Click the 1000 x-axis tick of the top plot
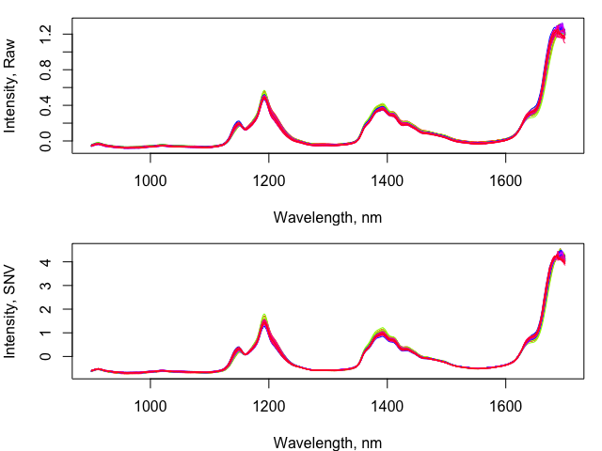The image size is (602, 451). pyautogui.click(x=150, y=180)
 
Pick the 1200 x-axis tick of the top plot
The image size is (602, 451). pyautogui.click(x=269, y=180)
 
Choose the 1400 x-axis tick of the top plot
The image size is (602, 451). pyautogui.click(x=388, y=180)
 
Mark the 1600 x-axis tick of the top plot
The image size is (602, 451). pyautogui.click(x=506, y=180)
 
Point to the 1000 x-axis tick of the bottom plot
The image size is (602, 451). pyautogui.click(x=150, y=406)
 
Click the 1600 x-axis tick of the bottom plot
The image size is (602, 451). pyautogui.click(x=506, y=406)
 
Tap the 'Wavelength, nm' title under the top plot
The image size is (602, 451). pyautogui.click(x=327, y=217)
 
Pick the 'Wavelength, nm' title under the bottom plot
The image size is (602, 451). pyautogui.click(x=327, y=442)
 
